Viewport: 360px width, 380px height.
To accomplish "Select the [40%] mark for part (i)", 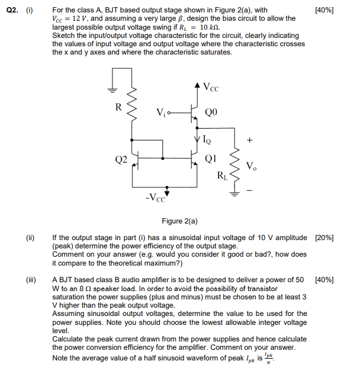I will tap(324, 10).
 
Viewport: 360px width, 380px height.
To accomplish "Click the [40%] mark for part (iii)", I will tap(324, 280).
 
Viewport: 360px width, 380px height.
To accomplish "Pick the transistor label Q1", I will tap(210, 158).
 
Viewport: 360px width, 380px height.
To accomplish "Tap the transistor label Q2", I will tap(121, 159).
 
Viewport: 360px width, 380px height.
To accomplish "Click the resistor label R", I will tap(118, 108).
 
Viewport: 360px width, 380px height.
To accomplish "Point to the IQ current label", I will tap(206, 140).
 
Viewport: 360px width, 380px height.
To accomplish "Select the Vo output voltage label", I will tap(251, 165).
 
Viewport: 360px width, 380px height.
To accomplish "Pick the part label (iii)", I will tap(31, 280).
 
